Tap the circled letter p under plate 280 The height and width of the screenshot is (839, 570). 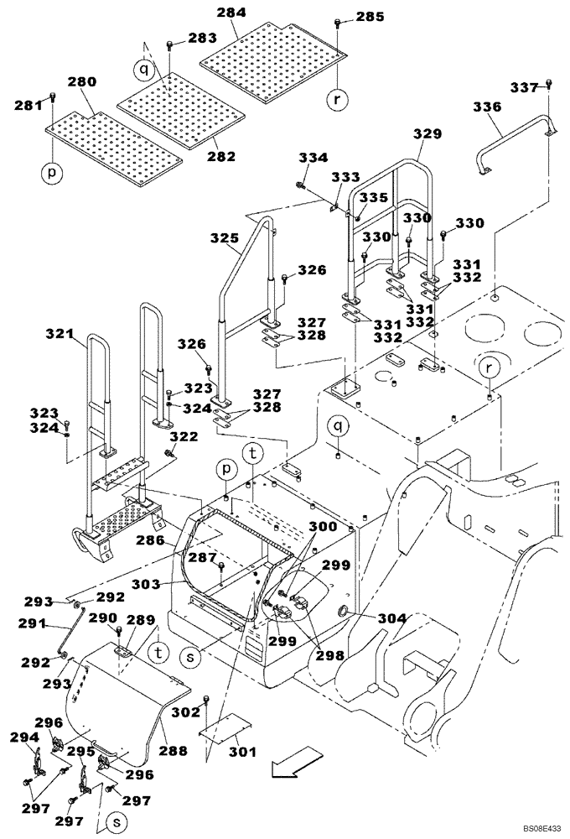tap(52, 173)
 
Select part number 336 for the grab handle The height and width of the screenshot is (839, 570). tap(487, 107)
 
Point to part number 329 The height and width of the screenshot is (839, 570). tap(427, 134)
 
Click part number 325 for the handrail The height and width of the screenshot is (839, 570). tap(225, 239)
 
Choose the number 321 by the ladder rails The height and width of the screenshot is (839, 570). tap(61, 335)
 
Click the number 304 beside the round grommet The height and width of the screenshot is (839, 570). tap(393, 618)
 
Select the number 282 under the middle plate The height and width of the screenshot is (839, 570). tap(222, 156)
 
